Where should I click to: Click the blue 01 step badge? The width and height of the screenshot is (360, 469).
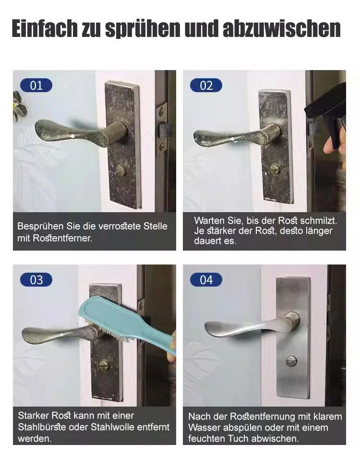[x=36, y=85]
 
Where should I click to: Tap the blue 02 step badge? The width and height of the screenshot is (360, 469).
[x=206, y=85]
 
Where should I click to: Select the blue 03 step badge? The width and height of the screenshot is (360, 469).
[x=36, y=280]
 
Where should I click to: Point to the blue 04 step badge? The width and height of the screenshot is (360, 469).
[x=206, y=280]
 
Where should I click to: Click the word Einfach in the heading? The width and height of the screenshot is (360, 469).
[x=45, y=28]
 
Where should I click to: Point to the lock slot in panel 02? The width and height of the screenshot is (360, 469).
[x=274, y=169]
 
